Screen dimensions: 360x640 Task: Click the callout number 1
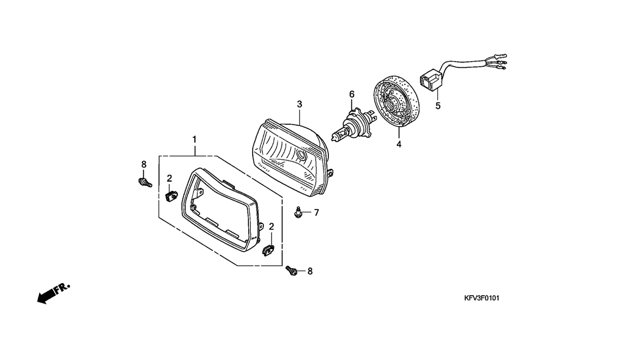pyautogui.click(x=194, y=139)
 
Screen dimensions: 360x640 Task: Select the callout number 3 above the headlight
pyautogui.click(x=299, y=104)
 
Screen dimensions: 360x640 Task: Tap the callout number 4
pyautogui.click(x=399, y=144)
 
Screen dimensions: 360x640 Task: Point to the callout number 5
pyautogui.click(x=438, y=106)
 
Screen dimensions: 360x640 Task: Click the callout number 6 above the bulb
pyautogui.click(x=352, y=94)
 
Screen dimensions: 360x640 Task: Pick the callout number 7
pyautogui.click(x=316, y=213)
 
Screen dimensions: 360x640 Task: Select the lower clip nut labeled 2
pyautogui.click(x=268, y=250)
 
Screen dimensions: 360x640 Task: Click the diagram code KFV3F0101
pyautogui.click(x=481, y=298)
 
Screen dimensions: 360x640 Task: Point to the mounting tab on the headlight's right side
pyautogui.click(x=331, y=173)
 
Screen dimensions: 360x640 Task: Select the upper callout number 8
pyautogui.click(x=144, y=164)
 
